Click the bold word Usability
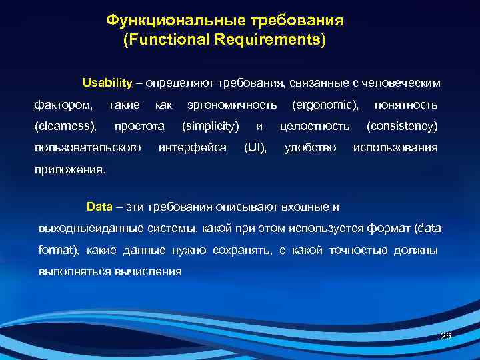click(107, 83)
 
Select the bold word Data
click(100, 206)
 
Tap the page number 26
click(445, 337)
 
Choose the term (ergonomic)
click(325, 105)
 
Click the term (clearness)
click(65, 126)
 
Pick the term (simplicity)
click(211, 126)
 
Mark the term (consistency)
click(402, 126)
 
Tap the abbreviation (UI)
click(255, 147)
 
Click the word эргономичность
click(232, 105)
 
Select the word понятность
click(406, 105)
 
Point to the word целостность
click(315, 126)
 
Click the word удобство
click(310, 147)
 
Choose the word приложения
click(69, 169)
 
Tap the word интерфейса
click(193, 147)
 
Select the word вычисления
click(151, 272)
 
